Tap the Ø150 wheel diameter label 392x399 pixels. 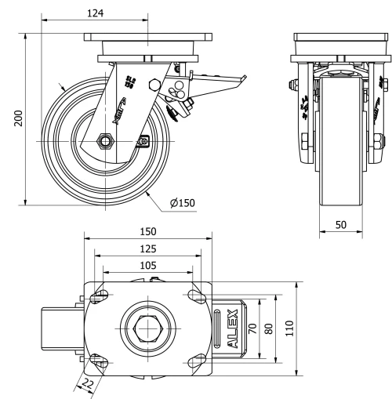(x=182, y=202)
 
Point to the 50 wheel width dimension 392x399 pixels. (x=340, y=224)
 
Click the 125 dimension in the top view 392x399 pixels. (x=147, y=248)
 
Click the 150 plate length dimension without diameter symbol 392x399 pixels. (x=147, y=232)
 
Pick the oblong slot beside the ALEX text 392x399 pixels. (x=216, y=328)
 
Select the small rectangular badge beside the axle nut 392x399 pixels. (x=143, y=142)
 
